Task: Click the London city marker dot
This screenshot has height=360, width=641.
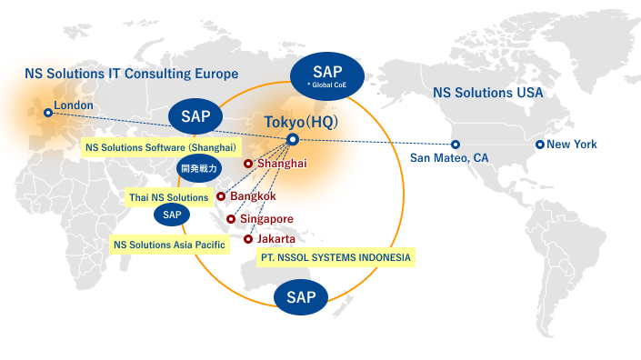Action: tap(48, 113)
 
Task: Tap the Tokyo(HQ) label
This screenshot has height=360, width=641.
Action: tap(299, 122)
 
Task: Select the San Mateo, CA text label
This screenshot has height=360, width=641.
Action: tap(449, 158)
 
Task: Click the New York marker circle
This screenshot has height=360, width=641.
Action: tap(540, 145)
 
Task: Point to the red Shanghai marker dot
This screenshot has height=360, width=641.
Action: tap(247, 164)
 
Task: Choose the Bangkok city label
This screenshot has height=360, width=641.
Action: tap(252, 195)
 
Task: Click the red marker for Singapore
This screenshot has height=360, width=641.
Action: tap(231, 219)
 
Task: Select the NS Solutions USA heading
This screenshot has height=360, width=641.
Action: tap(487, 93)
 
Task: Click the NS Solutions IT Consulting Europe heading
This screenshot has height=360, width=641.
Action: tap(132, 74)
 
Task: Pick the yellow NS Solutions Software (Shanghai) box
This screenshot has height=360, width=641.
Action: tap(161, 147)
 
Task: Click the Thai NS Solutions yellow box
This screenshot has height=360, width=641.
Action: tap(168, 197)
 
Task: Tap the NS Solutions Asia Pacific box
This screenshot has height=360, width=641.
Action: tap(168, 245)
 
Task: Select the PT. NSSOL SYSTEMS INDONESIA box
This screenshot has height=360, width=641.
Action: tap(336, 257)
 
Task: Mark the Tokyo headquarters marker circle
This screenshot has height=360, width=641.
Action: tap(292, 139)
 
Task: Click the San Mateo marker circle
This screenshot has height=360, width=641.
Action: tap(456, 145)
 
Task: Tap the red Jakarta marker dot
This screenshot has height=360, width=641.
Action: tap(248, 239)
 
